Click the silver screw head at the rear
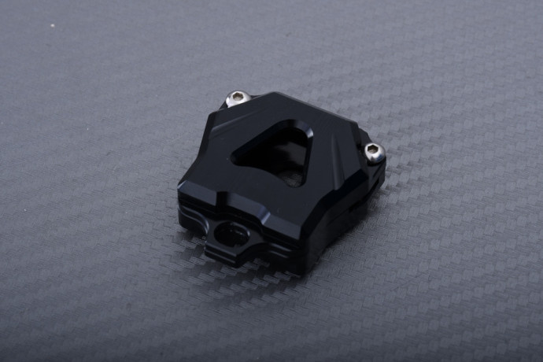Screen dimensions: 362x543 237,98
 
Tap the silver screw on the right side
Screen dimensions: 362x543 375,152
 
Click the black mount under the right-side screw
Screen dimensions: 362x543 371,169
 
